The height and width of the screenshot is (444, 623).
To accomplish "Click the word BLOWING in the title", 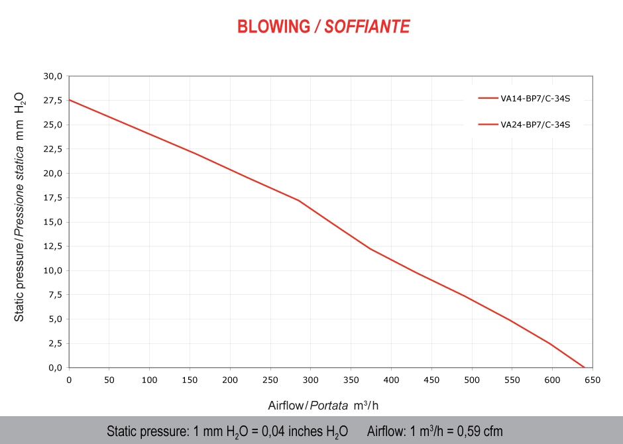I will coord(273,27).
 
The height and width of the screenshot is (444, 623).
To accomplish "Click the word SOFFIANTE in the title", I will coord(367,27).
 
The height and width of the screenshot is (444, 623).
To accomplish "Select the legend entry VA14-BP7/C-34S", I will coord(535,99).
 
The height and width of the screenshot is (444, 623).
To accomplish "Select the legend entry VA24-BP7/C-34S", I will coord(535,124).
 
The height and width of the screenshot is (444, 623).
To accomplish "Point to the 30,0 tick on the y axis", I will coord(53,76).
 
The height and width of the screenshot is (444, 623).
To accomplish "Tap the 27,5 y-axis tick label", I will coord(53,101).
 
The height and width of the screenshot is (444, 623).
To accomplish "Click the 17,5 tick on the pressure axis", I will coord(53,197).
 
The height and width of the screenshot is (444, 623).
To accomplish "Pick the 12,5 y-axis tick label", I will coord(53,246).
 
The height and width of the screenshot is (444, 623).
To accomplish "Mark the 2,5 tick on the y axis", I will coord(55,343).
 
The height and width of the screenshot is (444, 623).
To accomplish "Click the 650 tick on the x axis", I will coord(593,380).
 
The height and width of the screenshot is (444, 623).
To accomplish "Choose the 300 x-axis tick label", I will coord(310,380).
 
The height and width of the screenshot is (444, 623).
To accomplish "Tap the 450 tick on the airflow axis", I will coord(431,380).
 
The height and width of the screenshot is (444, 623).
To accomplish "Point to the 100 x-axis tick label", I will coord(149,380).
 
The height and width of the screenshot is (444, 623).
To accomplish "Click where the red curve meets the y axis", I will coord(69,100).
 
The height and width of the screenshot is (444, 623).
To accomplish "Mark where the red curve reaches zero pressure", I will coord(584,367).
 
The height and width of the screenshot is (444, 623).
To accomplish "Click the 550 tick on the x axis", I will coord(512,380).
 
